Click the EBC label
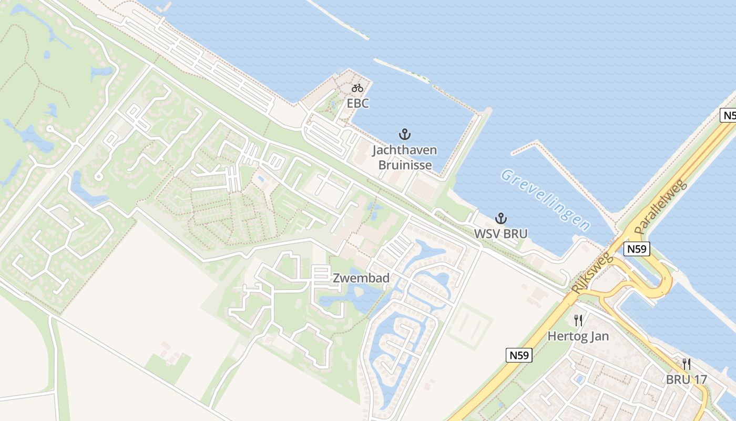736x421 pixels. (357, 103)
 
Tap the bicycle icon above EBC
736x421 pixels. (357, 87)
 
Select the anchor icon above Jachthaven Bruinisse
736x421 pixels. (404, 134)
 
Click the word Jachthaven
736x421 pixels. (404, 150)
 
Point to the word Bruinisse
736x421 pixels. (405, 165)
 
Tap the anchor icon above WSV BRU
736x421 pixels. (500, 218)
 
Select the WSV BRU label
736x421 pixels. (500, 234)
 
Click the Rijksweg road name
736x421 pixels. (592, 273)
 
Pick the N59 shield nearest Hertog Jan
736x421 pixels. (519, 355)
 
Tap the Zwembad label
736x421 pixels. (361, 278)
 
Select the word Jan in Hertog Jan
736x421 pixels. (599, 336)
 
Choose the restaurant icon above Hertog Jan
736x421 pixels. (578, 320)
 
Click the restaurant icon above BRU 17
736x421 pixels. (686, 364)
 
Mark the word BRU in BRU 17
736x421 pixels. (678, 379)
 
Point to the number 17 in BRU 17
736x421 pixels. (700, 379)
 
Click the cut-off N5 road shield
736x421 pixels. (728, 115)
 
